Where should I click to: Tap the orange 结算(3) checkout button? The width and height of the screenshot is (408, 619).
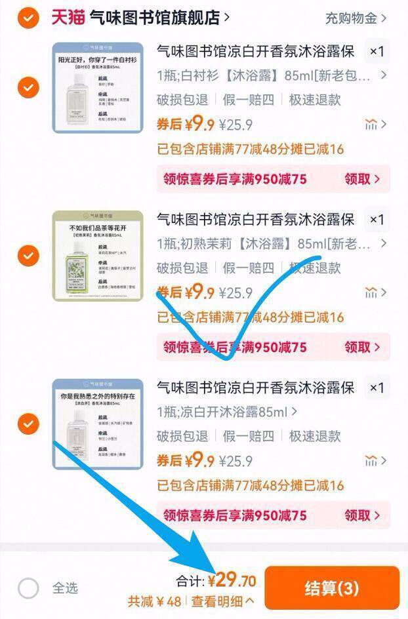point(331,588)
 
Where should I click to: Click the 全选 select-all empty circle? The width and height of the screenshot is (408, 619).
point(28,588)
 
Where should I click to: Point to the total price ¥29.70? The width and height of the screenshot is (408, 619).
point(232,580)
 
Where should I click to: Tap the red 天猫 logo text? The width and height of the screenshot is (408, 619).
point(68,17)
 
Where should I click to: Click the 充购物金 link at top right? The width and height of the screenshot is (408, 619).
point(356,18)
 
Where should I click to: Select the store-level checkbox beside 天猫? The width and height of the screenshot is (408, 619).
point(28,18)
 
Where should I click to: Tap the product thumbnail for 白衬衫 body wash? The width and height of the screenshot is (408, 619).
point(98,88)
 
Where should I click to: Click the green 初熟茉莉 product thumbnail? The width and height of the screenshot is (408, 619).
point(98,256)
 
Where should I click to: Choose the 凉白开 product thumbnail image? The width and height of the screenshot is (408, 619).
point(98,424)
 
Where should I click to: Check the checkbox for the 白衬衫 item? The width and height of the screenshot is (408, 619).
point(28,87)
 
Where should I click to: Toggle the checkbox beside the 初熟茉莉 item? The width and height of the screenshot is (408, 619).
point(28,255)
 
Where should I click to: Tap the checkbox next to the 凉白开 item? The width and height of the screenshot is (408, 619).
point(28,424)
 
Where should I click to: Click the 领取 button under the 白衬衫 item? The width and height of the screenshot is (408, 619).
point(362,179)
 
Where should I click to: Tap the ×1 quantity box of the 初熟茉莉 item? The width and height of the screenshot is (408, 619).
point(377,220)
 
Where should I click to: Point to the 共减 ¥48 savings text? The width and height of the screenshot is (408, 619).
point(155,601)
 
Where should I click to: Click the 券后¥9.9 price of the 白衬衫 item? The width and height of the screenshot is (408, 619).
point(186,124)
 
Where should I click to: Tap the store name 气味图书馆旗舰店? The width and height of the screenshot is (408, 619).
point(155,18)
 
